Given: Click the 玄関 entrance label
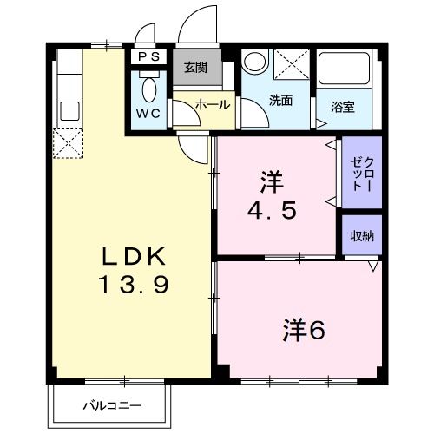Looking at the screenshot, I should pyautogui.click(x=196, y=67).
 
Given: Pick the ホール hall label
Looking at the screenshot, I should pyautogui.click(x=213, y=104).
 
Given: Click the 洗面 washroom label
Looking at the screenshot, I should pyautogui.click(x=279, y=100).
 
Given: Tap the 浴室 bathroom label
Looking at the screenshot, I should pyautogui.click(x=343, y=107).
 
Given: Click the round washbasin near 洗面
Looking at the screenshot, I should pyautogui.click(x=255, y=62).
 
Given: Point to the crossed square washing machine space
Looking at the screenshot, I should pyautogui.click(x=291, y=65).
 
